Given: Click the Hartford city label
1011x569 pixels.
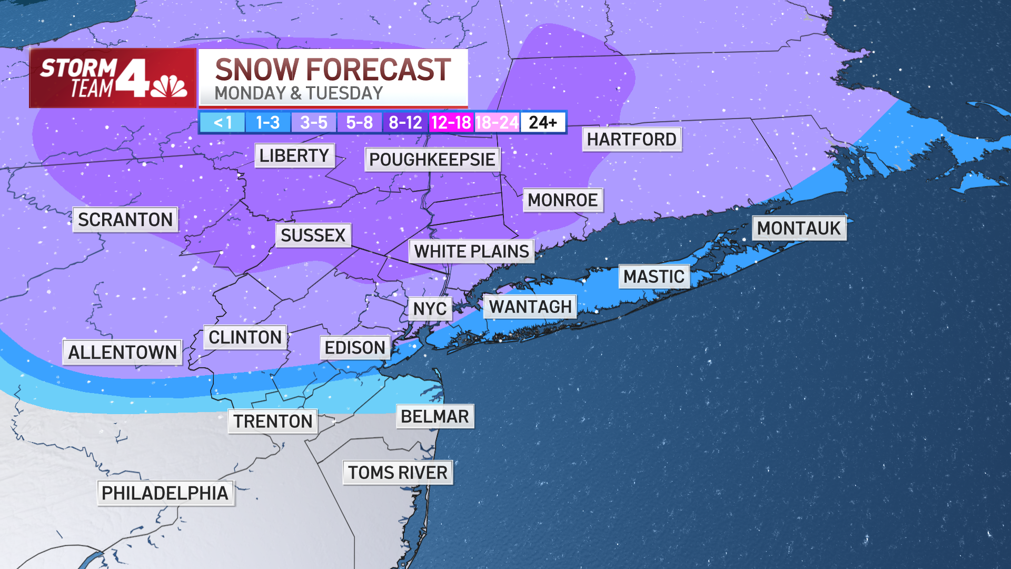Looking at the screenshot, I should [x=631, y=140].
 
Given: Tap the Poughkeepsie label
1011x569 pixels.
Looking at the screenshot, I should [x=432, y=159].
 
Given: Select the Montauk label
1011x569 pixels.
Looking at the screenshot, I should [x=799, y=228].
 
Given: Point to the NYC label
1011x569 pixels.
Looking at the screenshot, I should [x=430, y=309].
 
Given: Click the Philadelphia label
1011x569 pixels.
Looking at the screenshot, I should [x=165, y=493].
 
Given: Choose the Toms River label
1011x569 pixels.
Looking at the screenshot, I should [x=398, y=473].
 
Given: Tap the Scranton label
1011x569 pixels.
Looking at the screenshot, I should [x=125, y=219].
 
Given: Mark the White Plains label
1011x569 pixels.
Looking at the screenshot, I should [x=471, y=251].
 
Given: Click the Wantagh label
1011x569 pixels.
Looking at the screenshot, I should [x=530, y=307].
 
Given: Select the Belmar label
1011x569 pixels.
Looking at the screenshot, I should [x=435, y=416].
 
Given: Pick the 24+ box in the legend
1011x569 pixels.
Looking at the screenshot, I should [x=543, y=123].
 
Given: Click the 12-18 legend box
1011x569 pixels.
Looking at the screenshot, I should [x=451, y=123].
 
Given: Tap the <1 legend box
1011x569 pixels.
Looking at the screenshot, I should [x=222, y=123].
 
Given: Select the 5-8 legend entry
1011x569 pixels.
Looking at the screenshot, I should [x=359, y=123].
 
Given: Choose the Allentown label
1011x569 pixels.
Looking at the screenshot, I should [x=122, y=352].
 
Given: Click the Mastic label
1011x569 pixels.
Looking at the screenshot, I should [x=654, y=277].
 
